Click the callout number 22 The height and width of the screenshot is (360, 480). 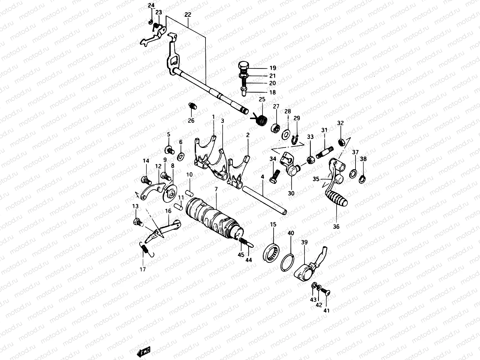click(x=188, y=14)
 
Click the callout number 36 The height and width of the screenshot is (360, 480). click(x=336, y=227)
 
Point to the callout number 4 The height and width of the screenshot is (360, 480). click(x=262, y=177)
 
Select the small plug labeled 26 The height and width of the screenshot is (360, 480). click(x=192, y=106)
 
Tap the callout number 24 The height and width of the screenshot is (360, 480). click(x=151, y=5)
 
